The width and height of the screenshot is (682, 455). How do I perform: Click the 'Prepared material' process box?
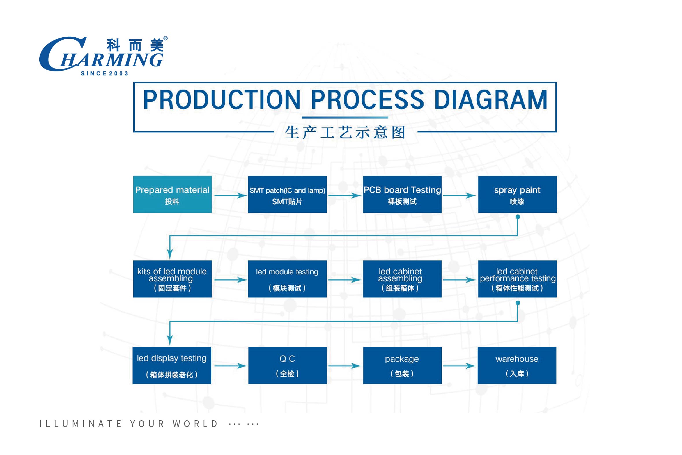pyautogui.click(x=172, y=194)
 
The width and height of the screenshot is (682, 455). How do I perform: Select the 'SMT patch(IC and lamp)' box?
pyautogui.click(x=287, y=194)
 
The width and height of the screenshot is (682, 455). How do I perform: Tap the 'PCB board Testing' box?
pyautogui.click(x=402, y=194)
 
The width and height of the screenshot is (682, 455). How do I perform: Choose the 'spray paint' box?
pyautogui.click(x=517, y=194)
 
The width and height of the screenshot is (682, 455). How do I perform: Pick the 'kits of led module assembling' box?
pyautogui.click(x=172, y=279)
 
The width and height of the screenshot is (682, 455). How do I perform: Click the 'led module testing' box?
pyautogui.click(x=287, y=279)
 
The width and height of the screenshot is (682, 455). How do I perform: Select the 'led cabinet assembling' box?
pyautogui.click(x=402, y=279)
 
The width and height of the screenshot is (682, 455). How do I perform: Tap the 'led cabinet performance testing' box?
pyautogui.click(x=517, y=279)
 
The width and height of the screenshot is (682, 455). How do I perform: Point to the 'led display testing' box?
pyautogui.click(x=172, y=365)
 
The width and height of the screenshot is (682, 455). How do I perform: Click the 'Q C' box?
pyautogui.click(x=288, y=365)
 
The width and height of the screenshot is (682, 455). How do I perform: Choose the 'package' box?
pyautogui.click(x=402, y=365)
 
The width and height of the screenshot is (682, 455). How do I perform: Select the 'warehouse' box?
pyautogui.click(x=517, y=365)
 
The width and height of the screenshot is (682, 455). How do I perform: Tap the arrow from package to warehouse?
pyautogui.click(x=459, y=366)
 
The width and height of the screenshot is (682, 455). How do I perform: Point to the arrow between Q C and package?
pyautogui.click(x=345, y=366)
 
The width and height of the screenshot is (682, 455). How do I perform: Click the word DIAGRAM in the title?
pyautogui.click(x=491, y=100)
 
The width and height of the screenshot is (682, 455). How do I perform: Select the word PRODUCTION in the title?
pyautogui.click(x=222, y=100)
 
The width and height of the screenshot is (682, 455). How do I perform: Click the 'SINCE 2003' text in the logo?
pyautogui.click(x=104, y=74)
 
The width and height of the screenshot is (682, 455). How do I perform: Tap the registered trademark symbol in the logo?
pyautogui.click(x=165, y=38)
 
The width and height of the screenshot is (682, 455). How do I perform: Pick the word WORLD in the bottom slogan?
pyautogui.click(x=195, y=424)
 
